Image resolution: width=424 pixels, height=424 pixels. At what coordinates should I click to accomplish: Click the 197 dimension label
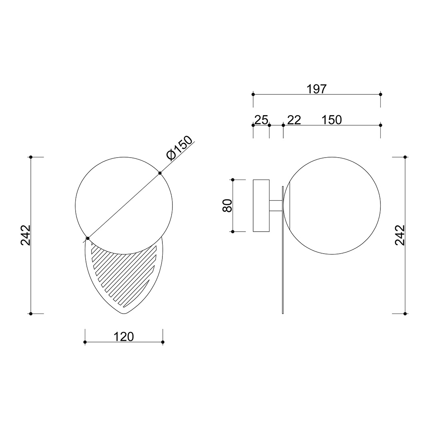tap(317, 89)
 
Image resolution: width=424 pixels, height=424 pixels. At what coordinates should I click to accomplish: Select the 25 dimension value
tap(261, 120)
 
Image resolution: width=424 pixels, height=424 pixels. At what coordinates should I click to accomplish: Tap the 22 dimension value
tap(294, 120)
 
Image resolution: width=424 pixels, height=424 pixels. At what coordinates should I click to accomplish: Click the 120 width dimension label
tap(124, 337)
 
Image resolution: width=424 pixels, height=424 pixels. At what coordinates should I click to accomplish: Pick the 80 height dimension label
tap(227, 206)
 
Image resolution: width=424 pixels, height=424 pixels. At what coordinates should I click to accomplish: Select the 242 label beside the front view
tap(26, 235)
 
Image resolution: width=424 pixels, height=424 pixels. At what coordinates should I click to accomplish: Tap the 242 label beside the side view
tap(400, 235)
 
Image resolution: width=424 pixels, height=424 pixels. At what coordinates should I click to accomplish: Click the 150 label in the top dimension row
tap(332, 120)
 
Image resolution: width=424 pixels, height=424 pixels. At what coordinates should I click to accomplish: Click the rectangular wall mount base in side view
tap(261, 206)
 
